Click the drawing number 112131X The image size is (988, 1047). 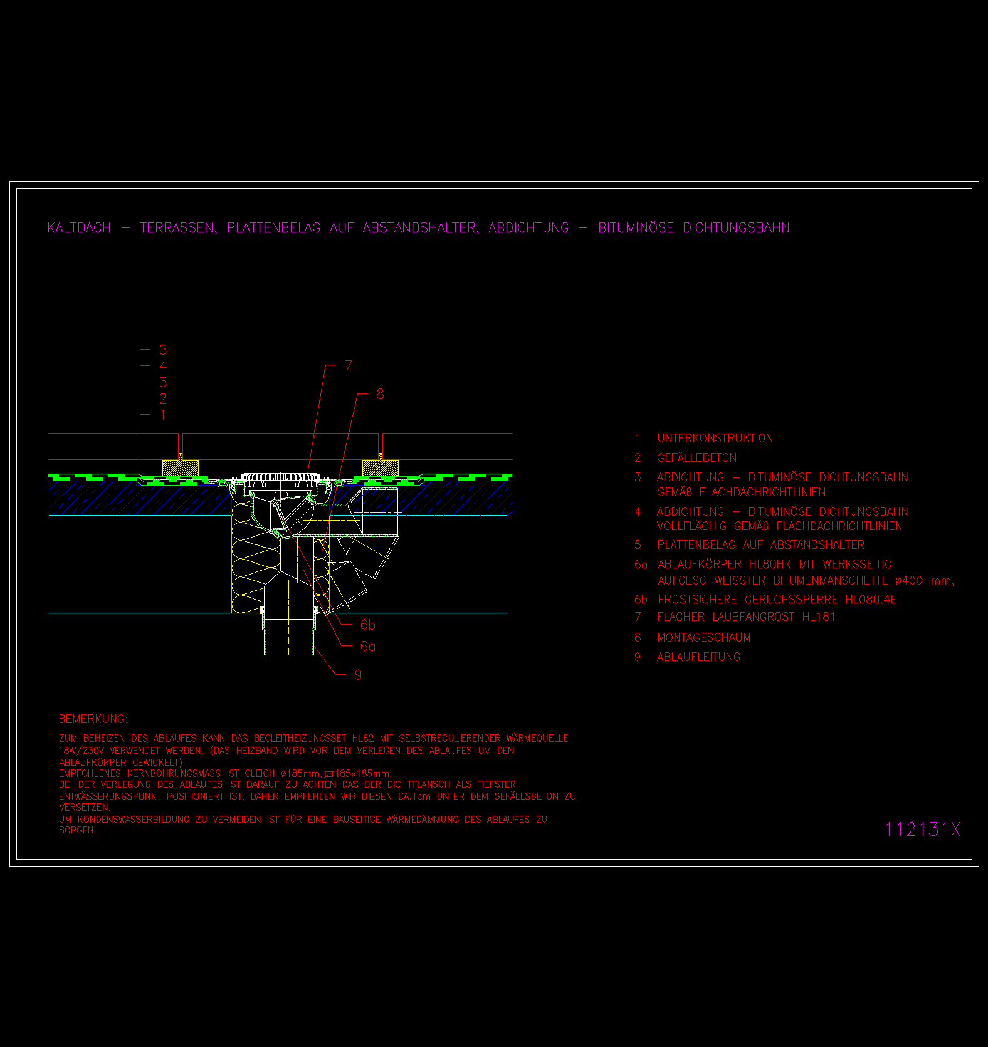pyautogui.click(x=922, y=829)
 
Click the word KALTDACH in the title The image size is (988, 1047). pyautogui.click(x=79, y=227)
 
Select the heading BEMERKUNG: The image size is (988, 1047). pyautogui.click(x=93, y=719)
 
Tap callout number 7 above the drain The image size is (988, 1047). pyautogui.click(x=349, y=365)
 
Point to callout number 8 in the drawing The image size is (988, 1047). pyautogui.click(x=380, y=394)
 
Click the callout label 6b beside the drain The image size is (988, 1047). pyautogui.click(x=367, y=625)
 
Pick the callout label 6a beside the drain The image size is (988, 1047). pyautogui.click(x=367, y=646)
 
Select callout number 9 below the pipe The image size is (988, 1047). pyautogui.click(x=358, y=674)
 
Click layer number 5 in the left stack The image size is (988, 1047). pyautogui.click(x=163, y=350)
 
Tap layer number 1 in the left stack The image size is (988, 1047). pyautogui.click(x=163, y=415)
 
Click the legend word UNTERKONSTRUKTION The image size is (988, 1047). pyautogui.click(x=715, y=438)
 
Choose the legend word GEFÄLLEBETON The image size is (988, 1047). pyautogui.click(x=696, y=457)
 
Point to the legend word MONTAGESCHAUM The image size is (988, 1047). pyautogui.click(x=703, y=637)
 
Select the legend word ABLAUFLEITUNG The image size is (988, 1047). pyautogui.click(x=698, y=657)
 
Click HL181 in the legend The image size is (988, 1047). pyautogui.click(x=819, y=617)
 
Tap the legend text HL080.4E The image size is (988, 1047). pyautogui.click(x=871, y=599)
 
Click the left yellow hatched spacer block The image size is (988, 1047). pyautogui.click(x=181, y=467)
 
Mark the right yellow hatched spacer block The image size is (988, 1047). pyautogui.click(x=381, y=467)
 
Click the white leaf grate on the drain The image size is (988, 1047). pyautogui.click(x=281, y=477)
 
